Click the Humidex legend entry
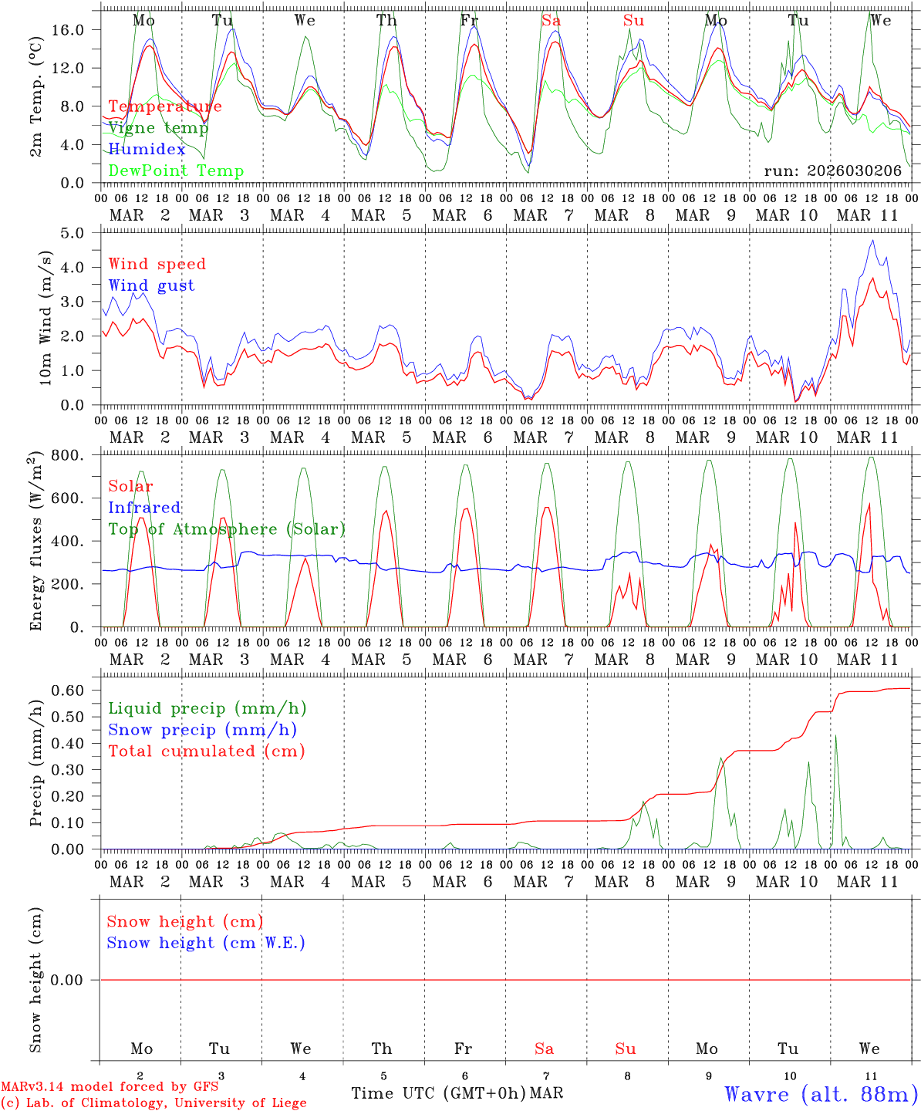pos(147,150)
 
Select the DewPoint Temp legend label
pos(176,171)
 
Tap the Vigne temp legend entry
pos(158,128)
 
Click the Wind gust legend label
pos(151,285)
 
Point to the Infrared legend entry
pos(144,508)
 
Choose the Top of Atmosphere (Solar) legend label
pos(227,529)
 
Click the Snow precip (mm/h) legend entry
pos(202,730)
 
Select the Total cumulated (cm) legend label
pos(207,751)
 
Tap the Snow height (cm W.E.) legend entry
pos(206,943)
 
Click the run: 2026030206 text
pos(832,171)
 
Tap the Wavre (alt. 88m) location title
pos(821,1094)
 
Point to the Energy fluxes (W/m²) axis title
pos(35,542)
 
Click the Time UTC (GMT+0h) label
pos(438,1093)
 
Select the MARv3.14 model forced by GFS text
pos(110,1087)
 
